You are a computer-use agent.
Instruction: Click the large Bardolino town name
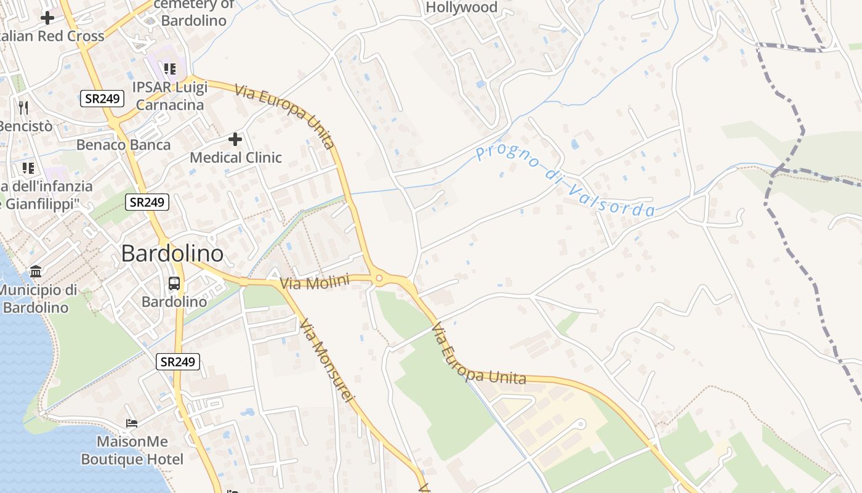click(172, 253)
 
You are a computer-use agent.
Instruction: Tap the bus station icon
click(174, 283)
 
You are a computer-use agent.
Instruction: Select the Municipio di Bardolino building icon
click(36, 272)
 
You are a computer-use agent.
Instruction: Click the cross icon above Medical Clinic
click(235, 139)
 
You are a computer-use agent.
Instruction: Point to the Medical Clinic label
click(236, 158)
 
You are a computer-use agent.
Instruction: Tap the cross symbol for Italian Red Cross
click(47, 17)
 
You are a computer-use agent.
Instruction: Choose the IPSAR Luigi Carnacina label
click(171, 96)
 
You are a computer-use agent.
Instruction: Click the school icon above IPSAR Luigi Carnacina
click(169, 68)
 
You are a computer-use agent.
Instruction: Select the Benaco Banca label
click(124, 145)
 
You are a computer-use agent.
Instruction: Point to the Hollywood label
click(462, 7)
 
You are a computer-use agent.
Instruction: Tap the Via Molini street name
click(315, 282)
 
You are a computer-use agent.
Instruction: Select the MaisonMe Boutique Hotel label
click(132, 450)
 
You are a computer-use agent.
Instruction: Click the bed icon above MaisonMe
click(132, 423)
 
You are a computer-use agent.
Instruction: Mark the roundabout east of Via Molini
click(379, 279)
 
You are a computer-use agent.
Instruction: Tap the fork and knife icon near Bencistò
click(23, 108)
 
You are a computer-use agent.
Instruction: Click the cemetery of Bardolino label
click(194, 12)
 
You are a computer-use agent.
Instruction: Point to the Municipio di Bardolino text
click(38, 298)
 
